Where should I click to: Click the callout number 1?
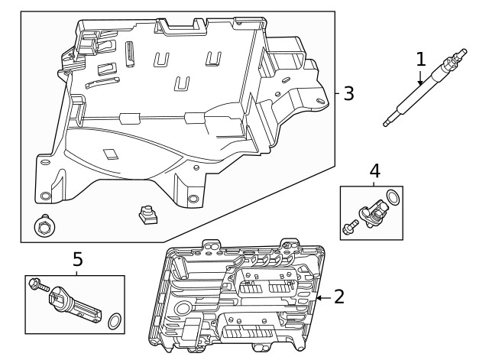[420, 59]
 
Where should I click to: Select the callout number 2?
[339, 297]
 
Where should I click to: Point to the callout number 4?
[374, 170]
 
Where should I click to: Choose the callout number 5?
[77, 260]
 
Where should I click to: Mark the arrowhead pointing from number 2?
[319, 297]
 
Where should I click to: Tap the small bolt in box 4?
[349, 226]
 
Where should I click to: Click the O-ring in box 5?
[114, 320]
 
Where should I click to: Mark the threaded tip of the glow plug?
[388, 122]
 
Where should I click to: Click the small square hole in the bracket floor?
[112, 152]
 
